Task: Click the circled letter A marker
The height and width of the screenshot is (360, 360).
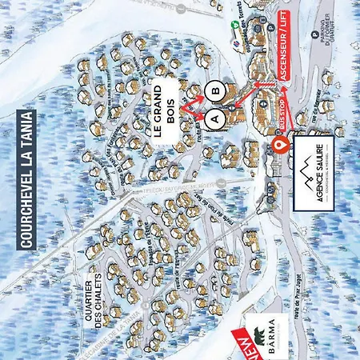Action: (213, 116)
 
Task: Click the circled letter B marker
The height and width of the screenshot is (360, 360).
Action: (213, 90)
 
